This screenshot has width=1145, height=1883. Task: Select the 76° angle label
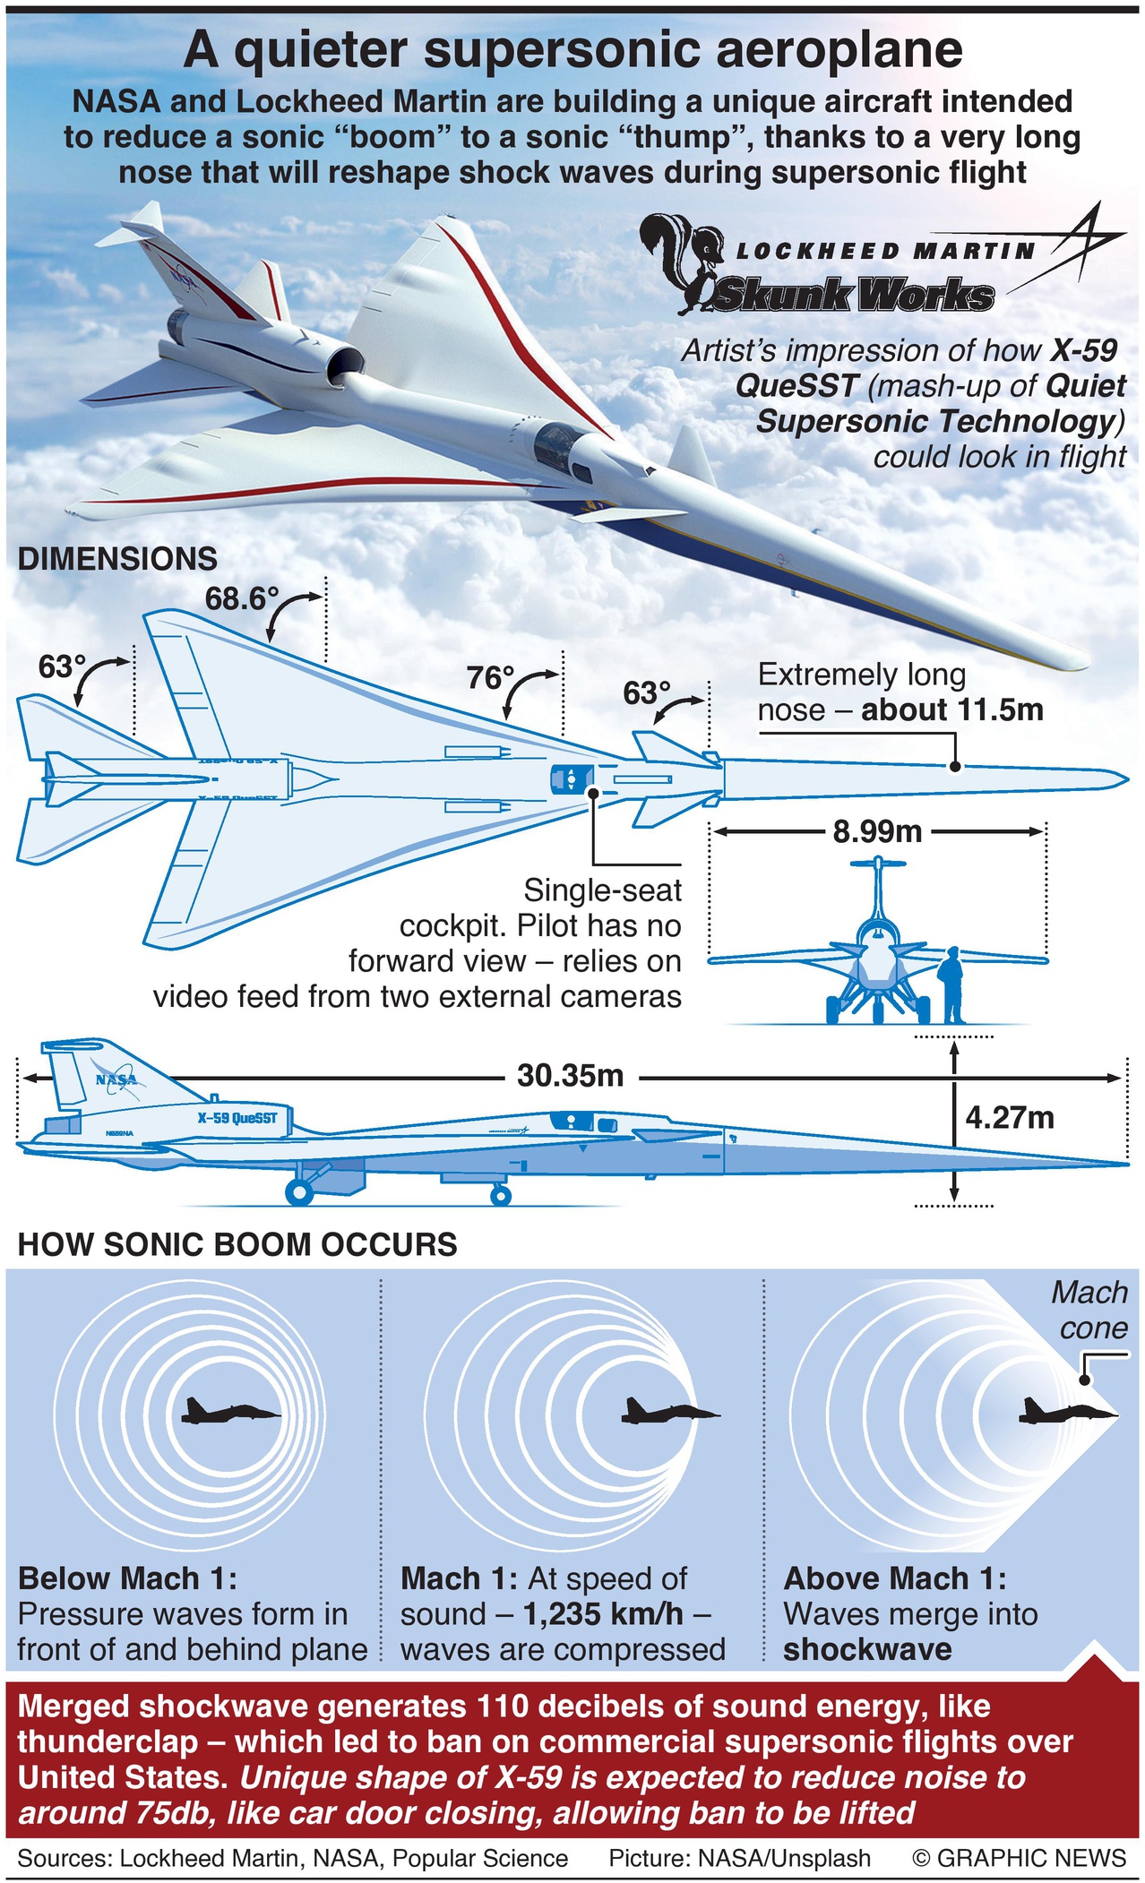point(490,678)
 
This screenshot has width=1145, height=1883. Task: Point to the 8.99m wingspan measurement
point(877,832)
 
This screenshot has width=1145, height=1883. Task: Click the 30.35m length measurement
point(570,1075)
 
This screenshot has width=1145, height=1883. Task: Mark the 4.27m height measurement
point(1010,1118)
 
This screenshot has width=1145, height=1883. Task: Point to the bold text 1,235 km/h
point(603,1614)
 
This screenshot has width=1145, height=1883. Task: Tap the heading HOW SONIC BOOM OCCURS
point(237,1244)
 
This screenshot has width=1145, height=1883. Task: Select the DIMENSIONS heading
point(117,559)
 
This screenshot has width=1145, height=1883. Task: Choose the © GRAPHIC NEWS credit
point(1019,1858)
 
